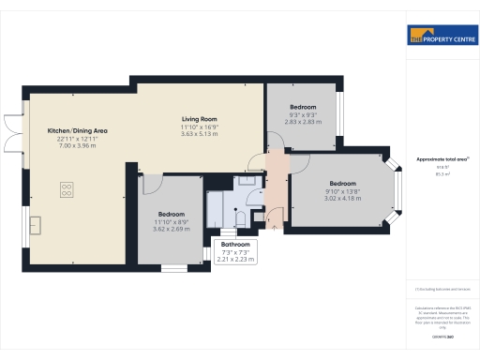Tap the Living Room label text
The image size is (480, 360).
tap(200, 120)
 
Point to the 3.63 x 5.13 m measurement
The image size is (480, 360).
tap(200, 135)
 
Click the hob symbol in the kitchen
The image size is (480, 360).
tap(68, 189)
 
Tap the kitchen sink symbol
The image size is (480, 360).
tap(36, 226)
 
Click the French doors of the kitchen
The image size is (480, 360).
tap(9, 132)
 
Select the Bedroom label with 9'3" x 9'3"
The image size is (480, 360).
tap(304, 106)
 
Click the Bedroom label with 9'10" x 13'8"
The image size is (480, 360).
tap(342, 183)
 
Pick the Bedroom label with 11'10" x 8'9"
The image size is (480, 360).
tap(174, 213)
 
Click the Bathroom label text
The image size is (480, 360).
tap(235, 244)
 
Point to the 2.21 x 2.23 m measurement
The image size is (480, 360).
tap(235, 260)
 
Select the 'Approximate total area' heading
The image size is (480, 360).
tap(441, 159)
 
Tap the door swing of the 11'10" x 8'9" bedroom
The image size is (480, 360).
tap(149, 185)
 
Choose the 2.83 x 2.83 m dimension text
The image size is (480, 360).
tap(304, 121)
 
